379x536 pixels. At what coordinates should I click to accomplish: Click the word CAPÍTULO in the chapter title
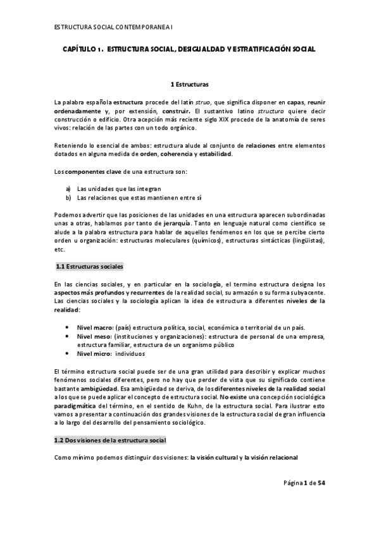79,49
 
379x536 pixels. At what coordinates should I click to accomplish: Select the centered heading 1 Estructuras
190,84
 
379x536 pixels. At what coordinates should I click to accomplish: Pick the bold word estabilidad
214,154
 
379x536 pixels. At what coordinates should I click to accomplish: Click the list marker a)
68,188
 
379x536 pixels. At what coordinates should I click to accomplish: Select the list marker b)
68,198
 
